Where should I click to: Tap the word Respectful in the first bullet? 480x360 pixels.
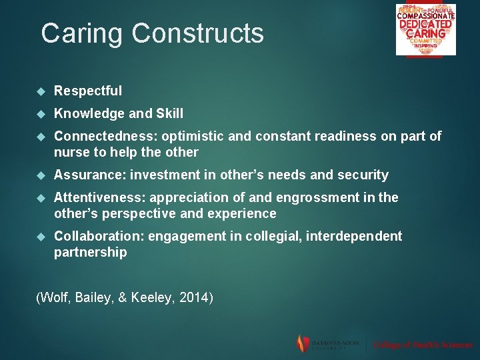tap(88, 91)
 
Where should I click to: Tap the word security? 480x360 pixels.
tap(363, 175)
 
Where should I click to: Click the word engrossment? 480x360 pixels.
tap(327, 197)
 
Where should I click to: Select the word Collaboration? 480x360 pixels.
tap(98, 236)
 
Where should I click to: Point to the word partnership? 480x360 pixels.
tap(90, 252)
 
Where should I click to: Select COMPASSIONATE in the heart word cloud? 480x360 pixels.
tap(425, 16)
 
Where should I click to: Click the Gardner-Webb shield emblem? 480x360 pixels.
tap(303, 343)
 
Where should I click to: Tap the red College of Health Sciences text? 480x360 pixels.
tap(423, 345)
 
